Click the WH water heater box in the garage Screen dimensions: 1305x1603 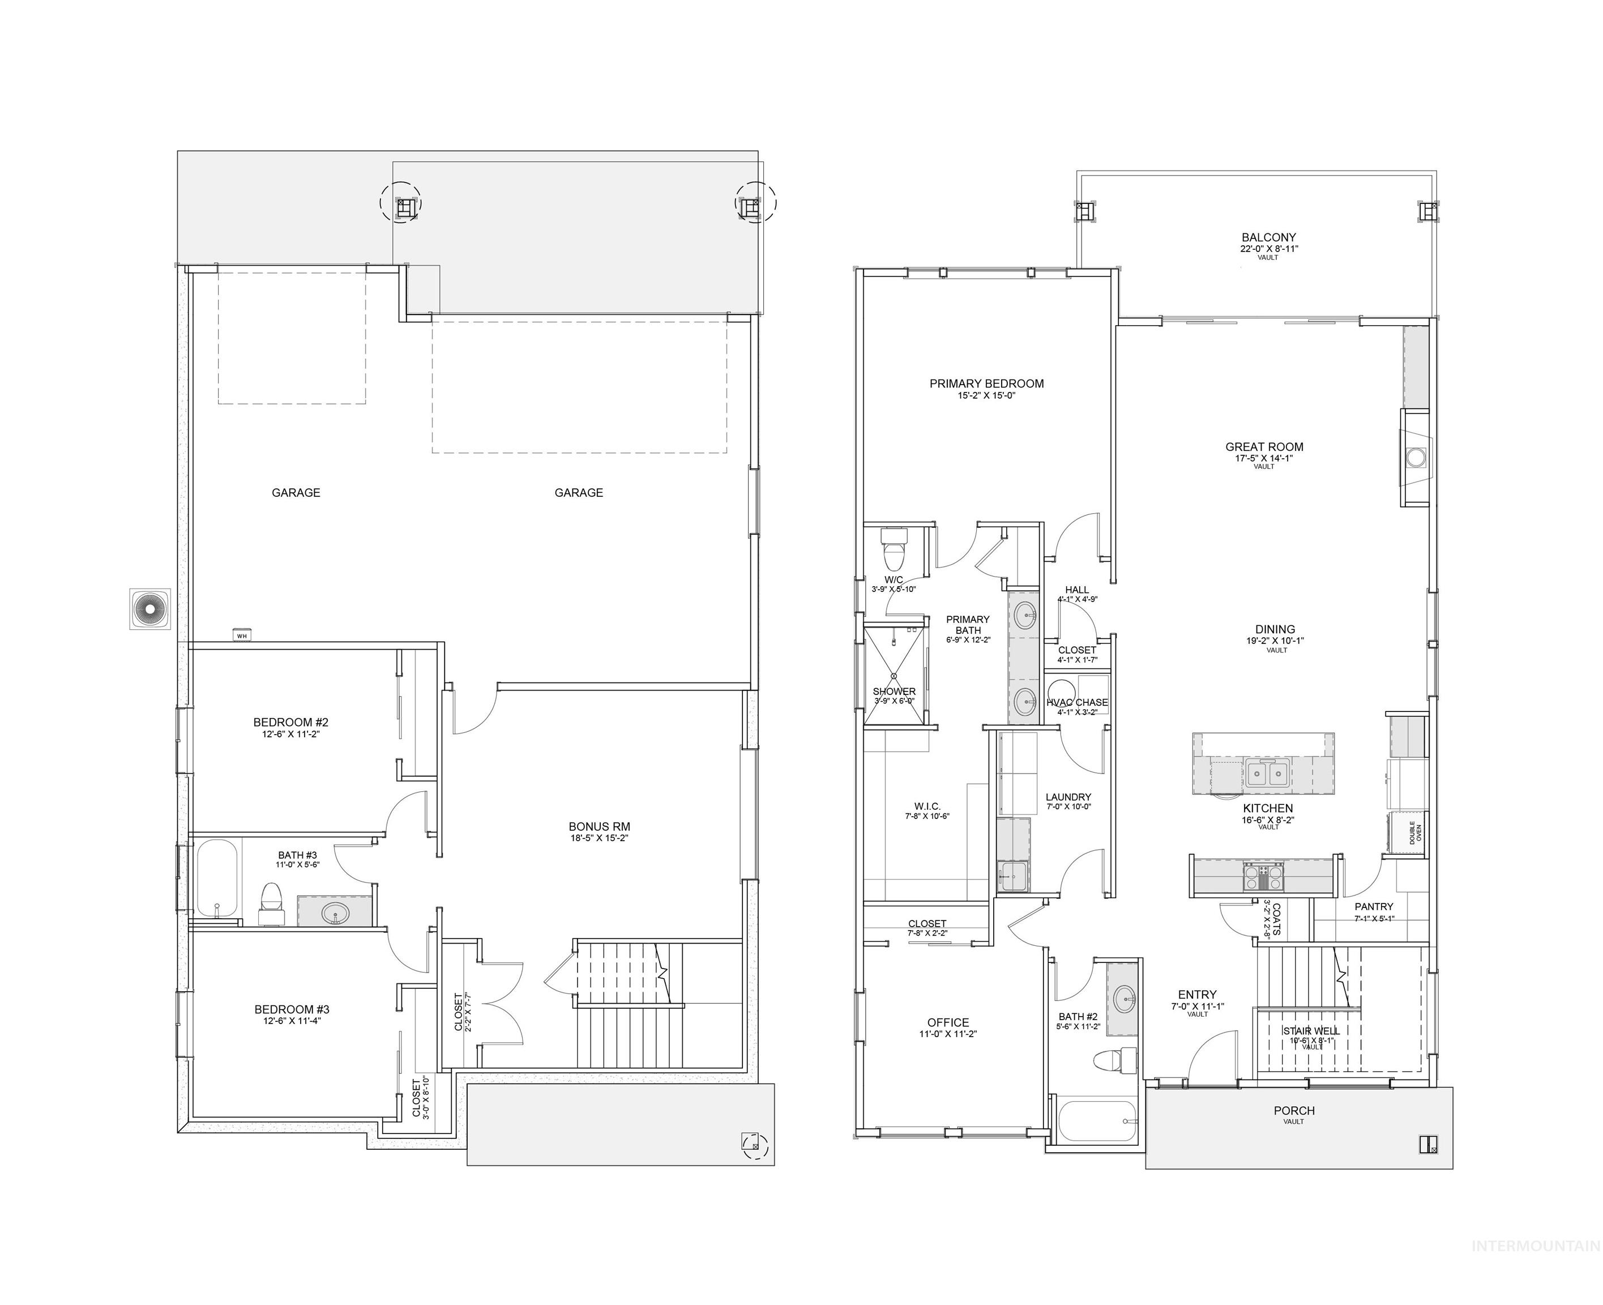click(x=242, y=634)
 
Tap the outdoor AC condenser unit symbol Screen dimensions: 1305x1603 click(x=149, y=608)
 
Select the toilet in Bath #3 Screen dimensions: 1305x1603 click(x=271, y=902)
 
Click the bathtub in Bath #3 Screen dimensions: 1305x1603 click(x=217, y=880)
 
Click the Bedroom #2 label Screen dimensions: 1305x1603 click(x=291, y=722)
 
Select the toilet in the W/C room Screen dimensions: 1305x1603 click(x=894, y=552)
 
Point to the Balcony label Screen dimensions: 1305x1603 click(x=1268, y=237)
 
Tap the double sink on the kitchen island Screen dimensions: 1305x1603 click(x=1268, y=772)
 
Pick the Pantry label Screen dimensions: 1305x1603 click(x=1374, y=907)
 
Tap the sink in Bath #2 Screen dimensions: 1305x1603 click(x=1125, y=999)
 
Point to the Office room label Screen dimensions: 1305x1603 click(x=948, y=1022)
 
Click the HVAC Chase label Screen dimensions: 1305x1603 click(x=1077, y=702)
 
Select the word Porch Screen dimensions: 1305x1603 click(x=1294, y=1110)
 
